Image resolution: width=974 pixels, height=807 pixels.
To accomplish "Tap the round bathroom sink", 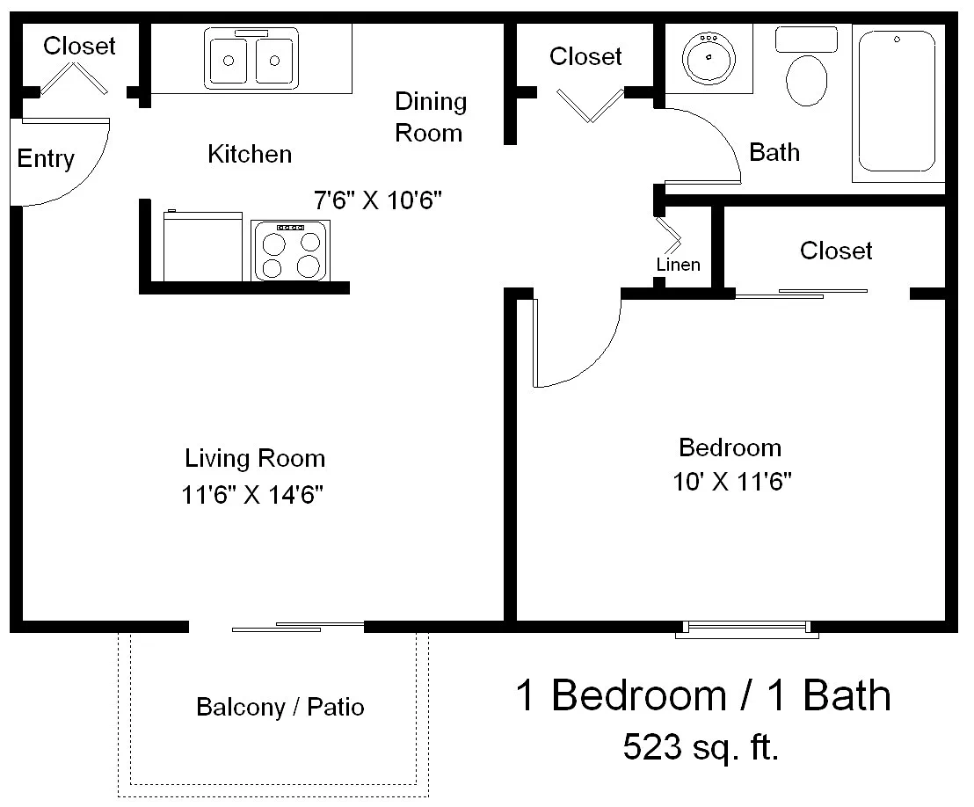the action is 709,58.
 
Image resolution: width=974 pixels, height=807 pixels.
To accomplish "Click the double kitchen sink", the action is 251,58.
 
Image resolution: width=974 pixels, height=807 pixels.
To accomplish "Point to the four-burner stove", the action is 291,251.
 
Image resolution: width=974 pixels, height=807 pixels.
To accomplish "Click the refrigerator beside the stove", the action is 202,245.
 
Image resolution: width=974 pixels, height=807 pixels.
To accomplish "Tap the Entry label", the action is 46,159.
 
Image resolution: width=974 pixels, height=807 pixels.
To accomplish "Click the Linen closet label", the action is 679,265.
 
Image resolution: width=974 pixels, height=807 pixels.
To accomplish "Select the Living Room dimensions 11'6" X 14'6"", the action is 252,495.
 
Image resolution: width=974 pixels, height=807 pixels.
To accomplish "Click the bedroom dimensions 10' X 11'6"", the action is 732,482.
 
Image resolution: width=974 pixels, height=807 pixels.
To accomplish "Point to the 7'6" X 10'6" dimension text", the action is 378,200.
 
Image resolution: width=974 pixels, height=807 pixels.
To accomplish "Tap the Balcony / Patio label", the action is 280,707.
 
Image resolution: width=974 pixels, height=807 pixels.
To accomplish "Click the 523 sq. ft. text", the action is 701,746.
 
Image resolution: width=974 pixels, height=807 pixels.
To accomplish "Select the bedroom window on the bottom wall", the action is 747,629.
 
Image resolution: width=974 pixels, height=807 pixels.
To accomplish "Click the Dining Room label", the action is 431,118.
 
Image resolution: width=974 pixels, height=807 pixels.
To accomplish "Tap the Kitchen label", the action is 250,154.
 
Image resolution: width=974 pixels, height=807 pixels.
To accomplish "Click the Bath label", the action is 774,152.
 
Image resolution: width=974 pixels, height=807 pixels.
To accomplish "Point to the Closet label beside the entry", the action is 79,46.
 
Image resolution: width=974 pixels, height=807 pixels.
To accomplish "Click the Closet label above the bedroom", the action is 836,251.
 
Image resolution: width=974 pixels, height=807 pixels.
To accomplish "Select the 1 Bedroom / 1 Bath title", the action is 703,695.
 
